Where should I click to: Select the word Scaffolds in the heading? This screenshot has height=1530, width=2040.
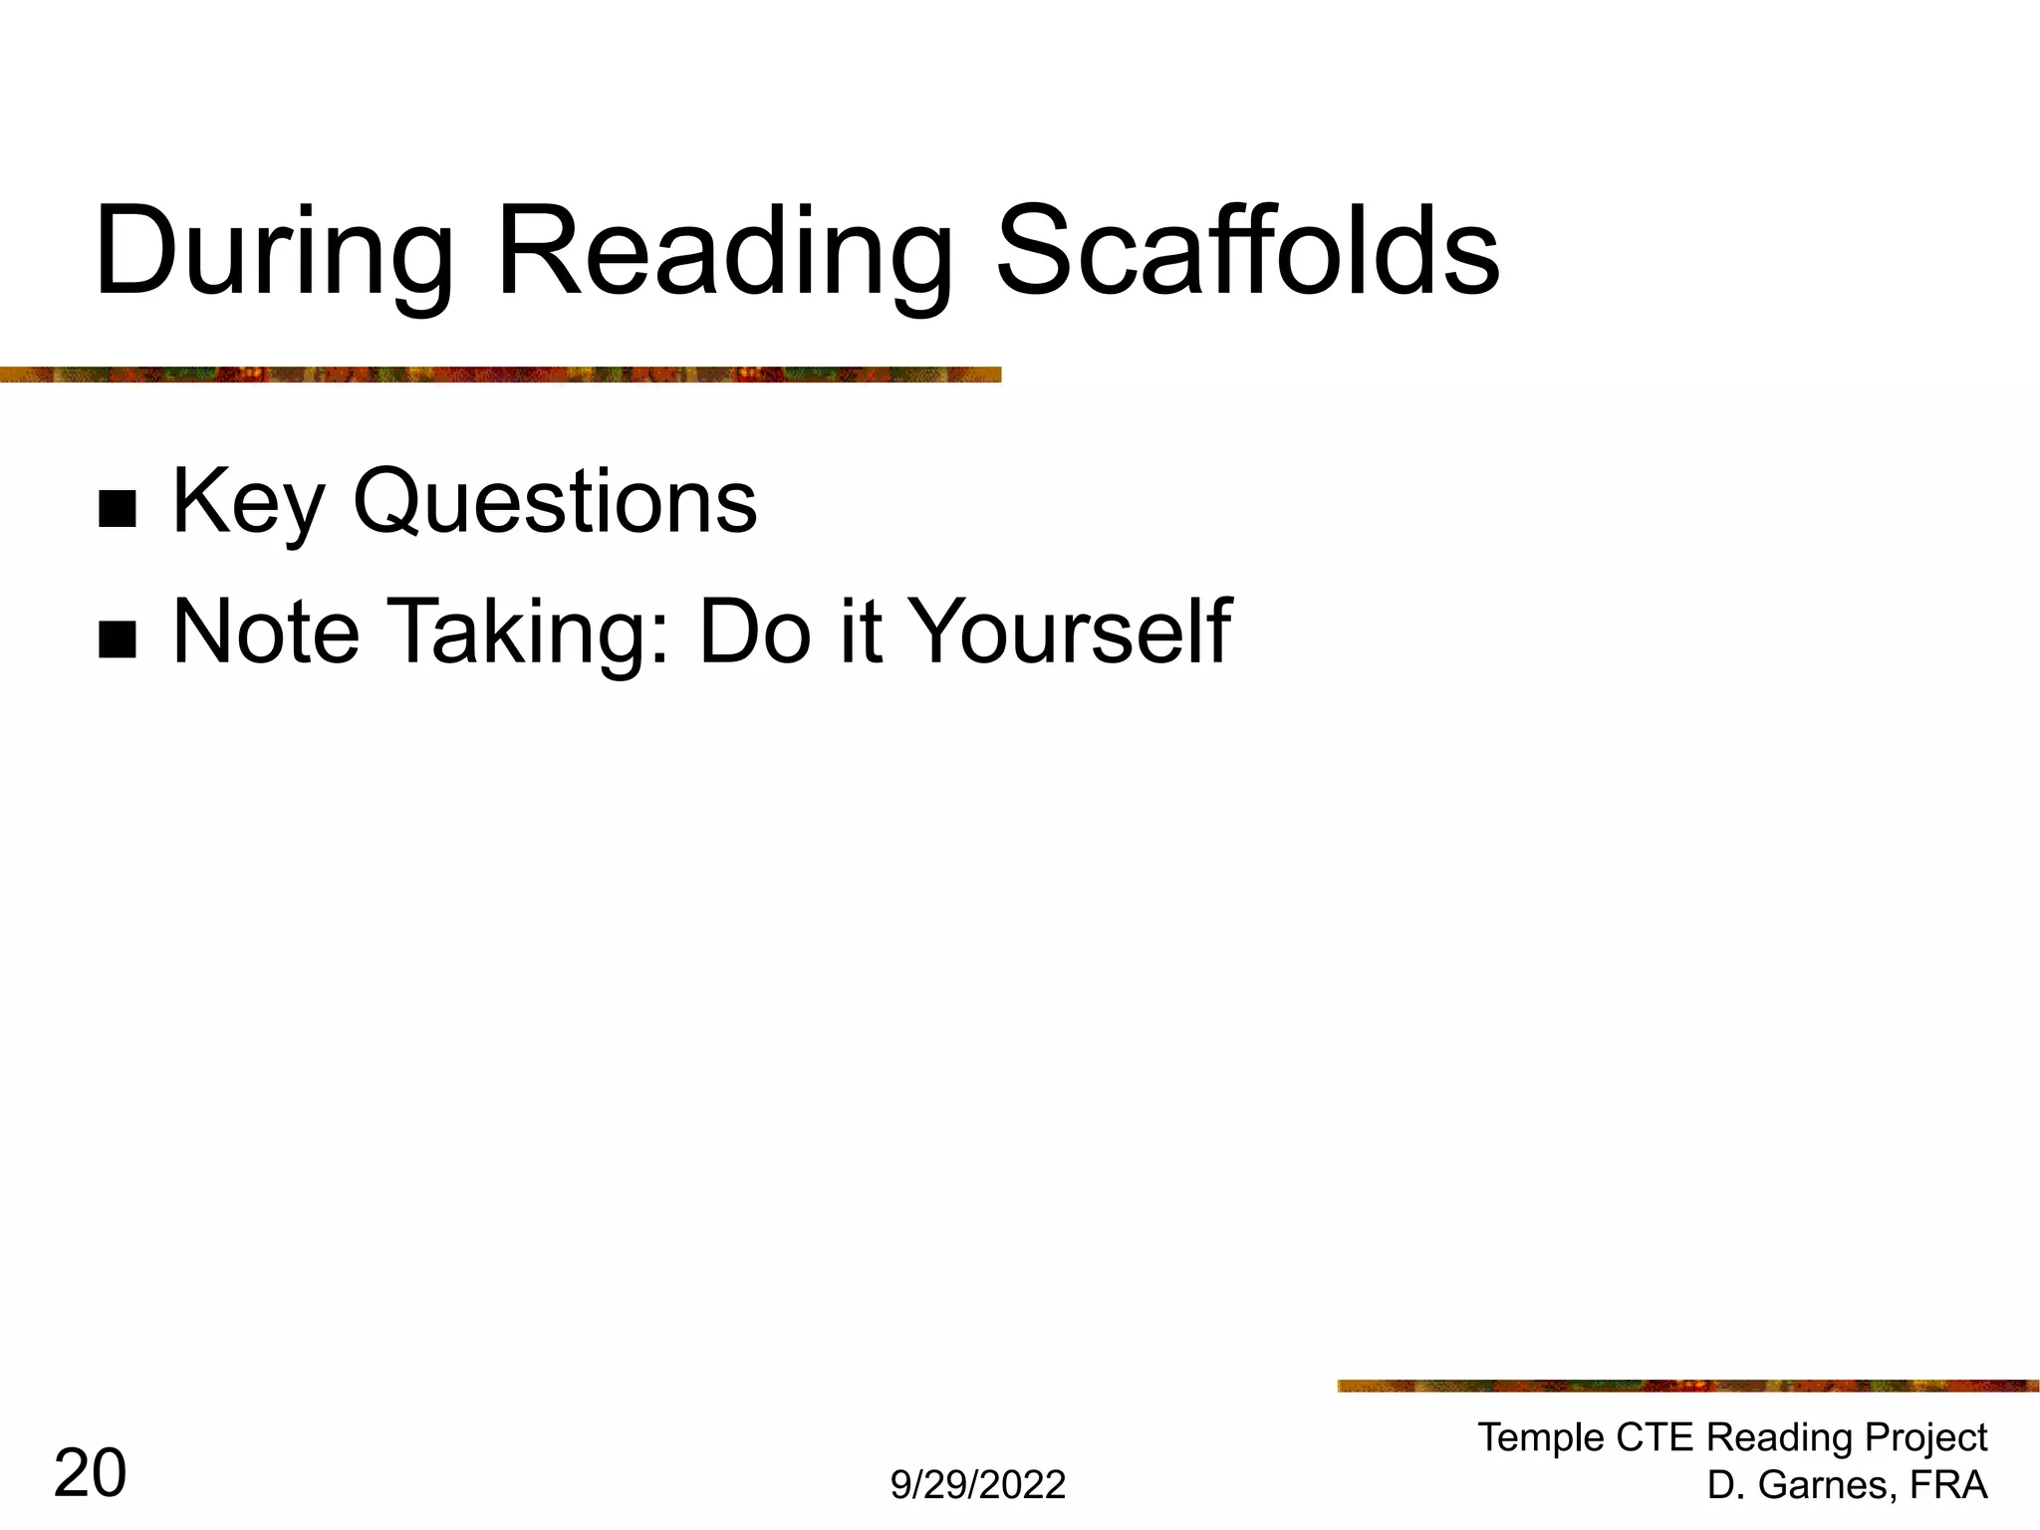tap(1247, 251)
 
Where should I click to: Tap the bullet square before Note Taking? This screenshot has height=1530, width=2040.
tap(118, 639)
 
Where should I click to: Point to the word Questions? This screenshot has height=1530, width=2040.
tap(555, 503)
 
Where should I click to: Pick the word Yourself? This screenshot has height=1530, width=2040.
tap(1071, 632)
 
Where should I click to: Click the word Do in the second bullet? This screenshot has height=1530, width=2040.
tap(755, 632)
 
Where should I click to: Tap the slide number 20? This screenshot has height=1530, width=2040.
tap(90, 1473)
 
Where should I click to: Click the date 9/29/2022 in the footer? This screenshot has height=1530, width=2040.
tap(977, 1484)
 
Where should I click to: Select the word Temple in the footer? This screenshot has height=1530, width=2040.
tap(1540, 1437)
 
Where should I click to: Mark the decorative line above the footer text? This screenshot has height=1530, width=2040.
tap(1687, 1386)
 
